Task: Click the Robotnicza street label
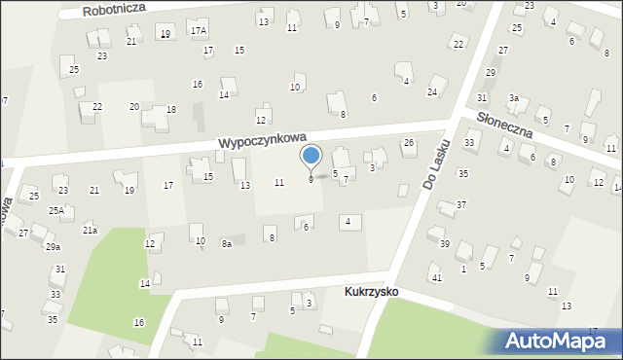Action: point(113,10)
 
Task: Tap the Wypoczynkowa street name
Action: point(263,141)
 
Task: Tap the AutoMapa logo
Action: point(562,341)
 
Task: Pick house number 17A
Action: point(199,30)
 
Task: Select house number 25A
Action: point(57,210)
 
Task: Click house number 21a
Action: point(90,231)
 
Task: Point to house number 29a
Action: point(53,247)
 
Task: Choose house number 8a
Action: point(226,244)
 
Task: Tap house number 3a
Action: point(513,97)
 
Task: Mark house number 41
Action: point(437,278)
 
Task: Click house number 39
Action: point(444,243)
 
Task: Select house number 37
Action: point(461,204)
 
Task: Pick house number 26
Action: point(409,143)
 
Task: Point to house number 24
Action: point(431,91)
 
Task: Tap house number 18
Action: point(171,109)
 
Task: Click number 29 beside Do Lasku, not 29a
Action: point(491,72)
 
